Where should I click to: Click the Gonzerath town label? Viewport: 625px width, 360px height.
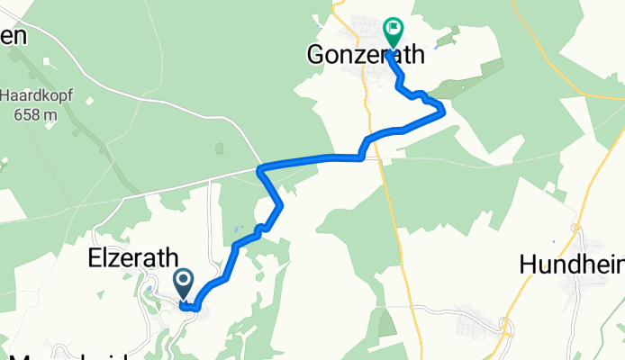coord(365,55)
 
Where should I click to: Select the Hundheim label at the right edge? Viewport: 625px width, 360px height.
coord(573,264)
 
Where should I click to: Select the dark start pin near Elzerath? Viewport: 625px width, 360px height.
coord(183,283)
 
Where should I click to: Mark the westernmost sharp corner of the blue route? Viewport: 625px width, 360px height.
coord(259,168)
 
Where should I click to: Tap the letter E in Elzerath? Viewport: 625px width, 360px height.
coord(94,259)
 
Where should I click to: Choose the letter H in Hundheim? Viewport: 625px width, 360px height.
coord(527,264)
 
